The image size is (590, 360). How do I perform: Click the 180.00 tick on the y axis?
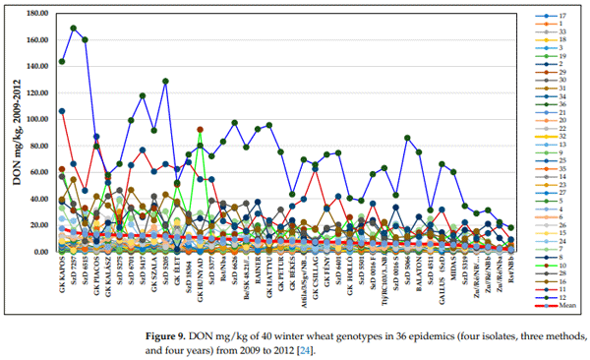(35, 14)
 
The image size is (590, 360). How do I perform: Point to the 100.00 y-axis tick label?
(35, 119)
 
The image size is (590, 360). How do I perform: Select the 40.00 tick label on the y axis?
(37, 199)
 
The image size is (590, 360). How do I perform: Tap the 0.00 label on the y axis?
(39, 252)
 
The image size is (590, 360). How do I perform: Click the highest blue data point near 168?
(74, 29)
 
